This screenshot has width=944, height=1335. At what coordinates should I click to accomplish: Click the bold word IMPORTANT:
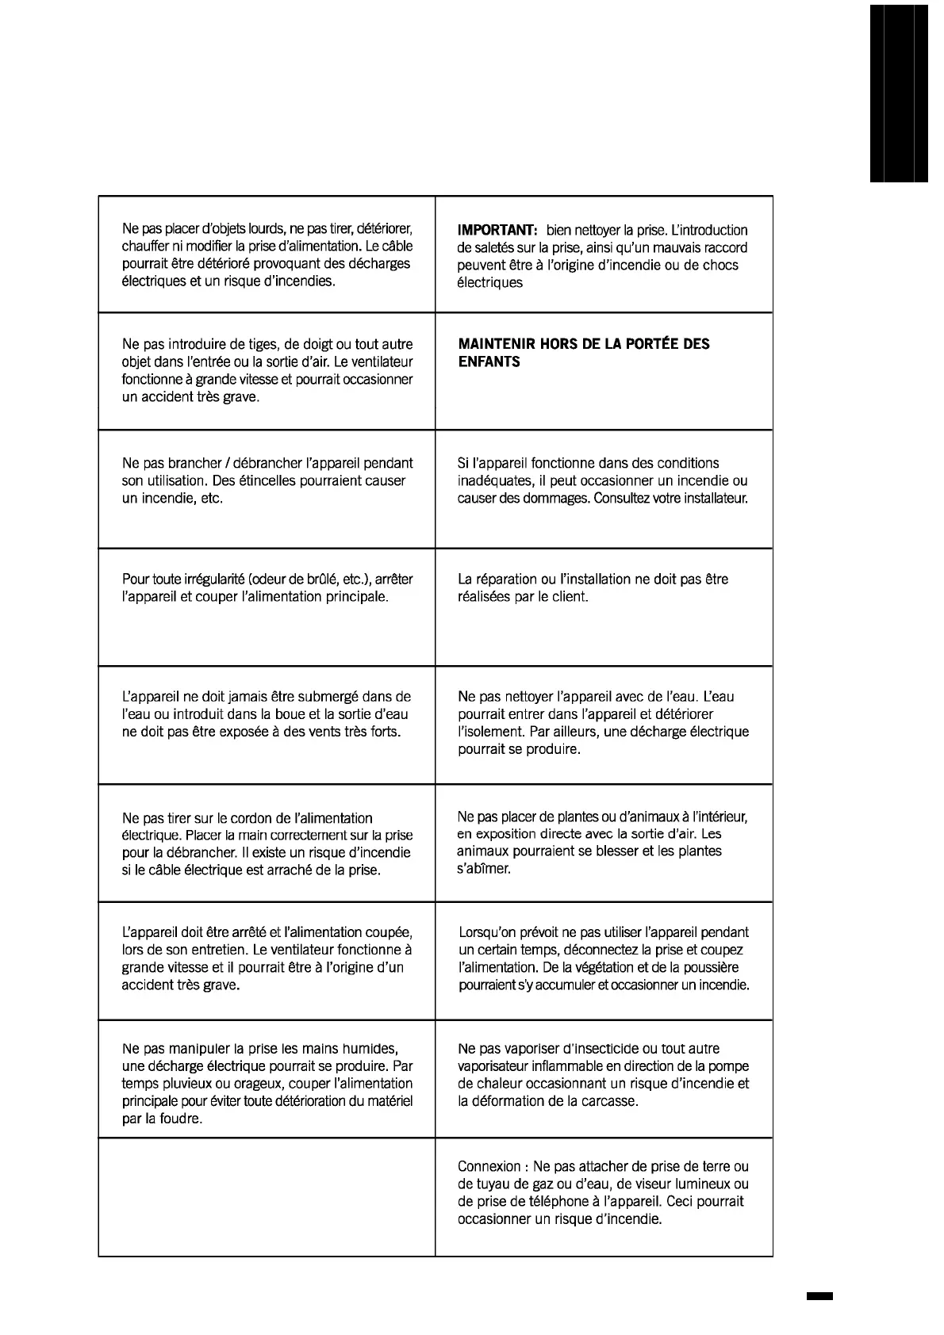click(x=497, y=231)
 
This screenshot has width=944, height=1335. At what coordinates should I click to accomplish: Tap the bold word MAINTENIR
click(x=495, y=344)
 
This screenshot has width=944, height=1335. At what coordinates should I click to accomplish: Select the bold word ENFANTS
click(x=489, y=362)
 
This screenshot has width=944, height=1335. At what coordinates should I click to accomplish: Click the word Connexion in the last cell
click(x=489, y=1167)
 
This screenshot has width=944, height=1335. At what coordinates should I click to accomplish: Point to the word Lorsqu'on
click(x=489, y=933)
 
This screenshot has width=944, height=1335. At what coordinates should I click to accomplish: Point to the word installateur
click(x=710, y=499)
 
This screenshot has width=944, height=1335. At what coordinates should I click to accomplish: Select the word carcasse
click(x=608, y=1102)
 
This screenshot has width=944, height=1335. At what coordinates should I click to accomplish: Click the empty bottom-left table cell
click(x=267, y=1197)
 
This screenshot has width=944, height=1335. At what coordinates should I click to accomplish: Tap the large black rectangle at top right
click(x=899, y=94)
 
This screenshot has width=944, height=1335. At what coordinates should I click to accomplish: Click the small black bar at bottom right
click(x=819, y=1296)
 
